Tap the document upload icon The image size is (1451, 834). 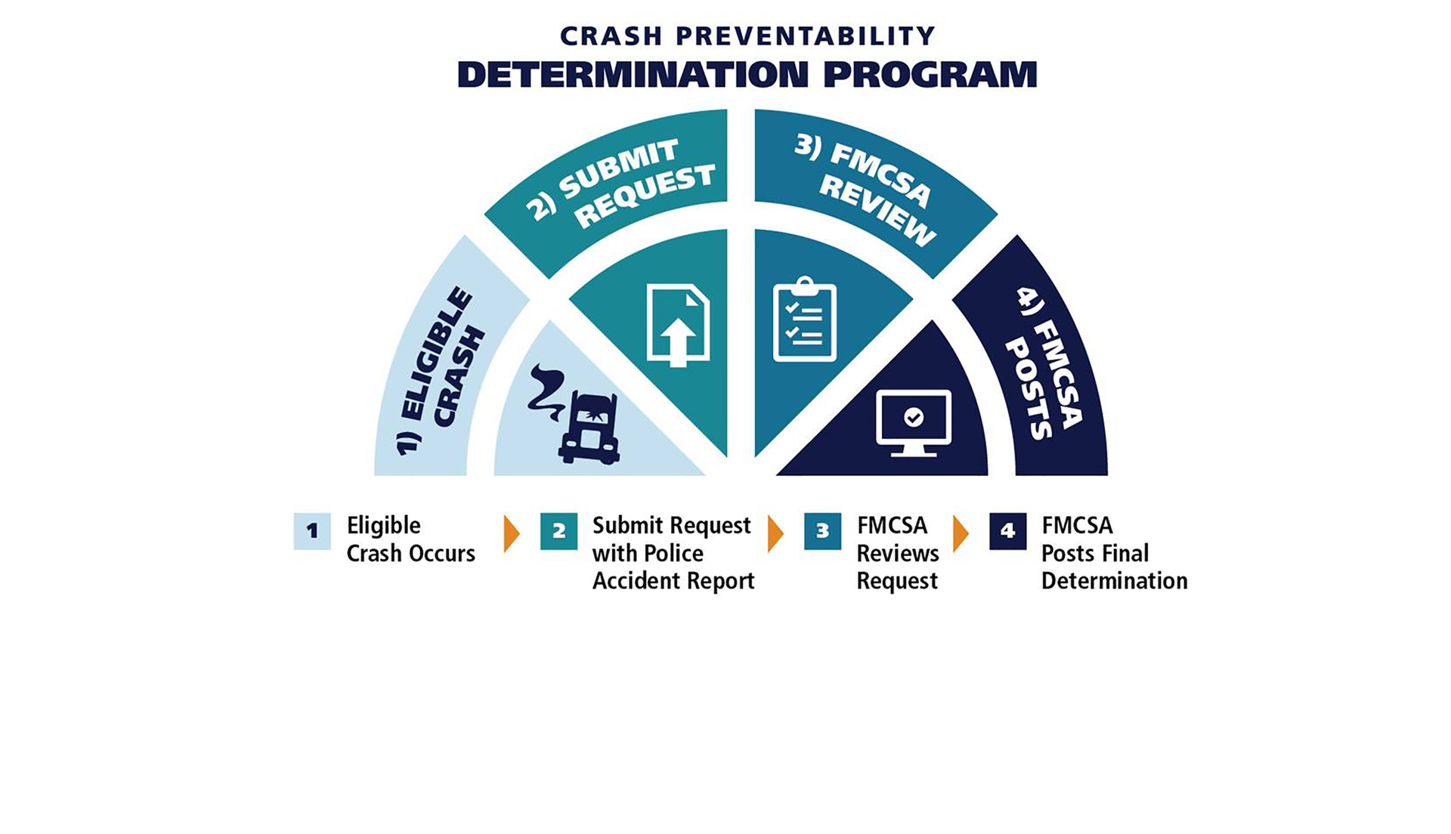678,325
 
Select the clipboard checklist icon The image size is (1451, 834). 804,320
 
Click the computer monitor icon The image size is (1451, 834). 913,422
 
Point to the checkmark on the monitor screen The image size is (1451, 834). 914,417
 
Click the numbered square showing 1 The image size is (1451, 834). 312,531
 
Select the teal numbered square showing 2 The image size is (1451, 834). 558,531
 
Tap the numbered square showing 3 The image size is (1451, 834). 822,531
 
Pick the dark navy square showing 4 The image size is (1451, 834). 1007,531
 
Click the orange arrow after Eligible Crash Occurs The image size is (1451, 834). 512,534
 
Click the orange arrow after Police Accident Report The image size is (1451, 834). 775,534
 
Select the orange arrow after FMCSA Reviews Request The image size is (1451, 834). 960,534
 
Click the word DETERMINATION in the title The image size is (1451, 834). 633,75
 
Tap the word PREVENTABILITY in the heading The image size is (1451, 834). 805,36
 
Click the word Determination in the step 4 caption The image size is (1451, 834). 1114,581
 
